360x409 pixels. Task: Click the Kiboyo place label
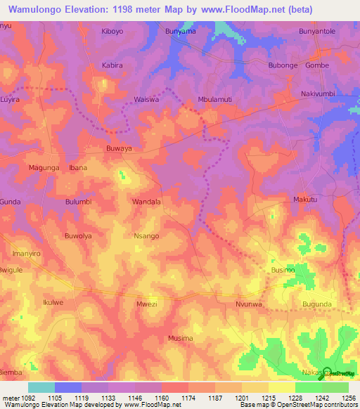(112, 32)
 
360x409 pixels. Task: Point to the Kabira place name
(112, 65)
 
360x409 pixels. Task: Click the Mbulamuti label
(215, 99)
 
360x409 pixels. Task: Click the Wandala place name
(147, 202)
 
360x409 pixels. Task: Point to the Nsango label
(146, 237)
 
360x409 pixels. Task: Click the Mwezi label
(146, 304)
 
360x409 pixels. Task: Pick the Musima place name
(181, 338)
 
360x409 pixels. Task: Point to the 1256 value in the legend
(347, 398)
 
